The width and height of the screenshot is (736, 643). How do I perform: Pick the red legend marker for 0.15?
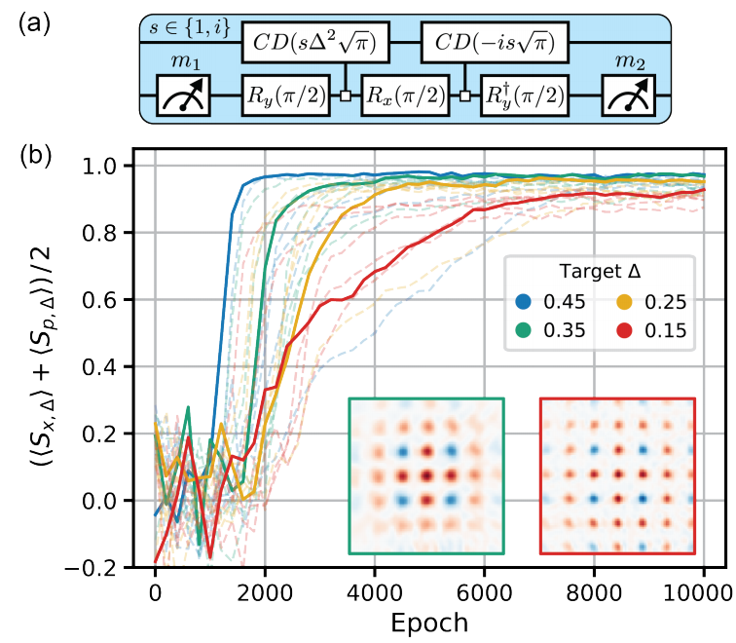tap(620, 331)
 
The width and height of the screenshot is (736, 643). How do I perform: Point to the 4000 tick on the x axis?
tap(375, 590)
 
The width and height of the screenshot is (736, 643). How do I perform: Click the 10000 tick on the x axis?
tap(703, 590)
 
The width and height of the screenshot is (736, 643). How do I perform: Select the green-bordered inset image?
tap(426, 475)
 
